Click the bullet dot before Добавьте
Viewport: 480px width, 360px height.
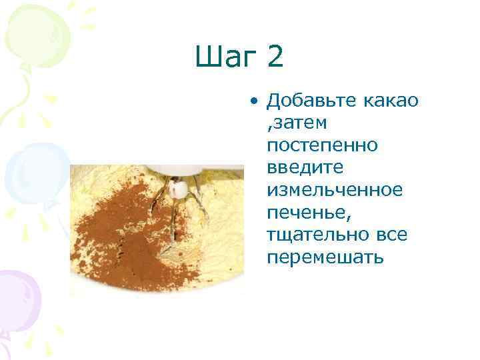pos(254,102)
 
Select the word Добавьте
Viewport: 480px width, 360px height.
pos(312,101)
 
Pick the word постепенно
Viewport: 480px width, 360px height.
pos(321,145)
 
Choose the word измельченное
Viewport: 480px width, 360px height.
pos(335,190)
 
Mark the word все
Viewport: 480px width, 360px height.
pos(392,235)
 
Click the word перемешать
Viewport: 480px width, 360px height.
pos(325,257)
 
